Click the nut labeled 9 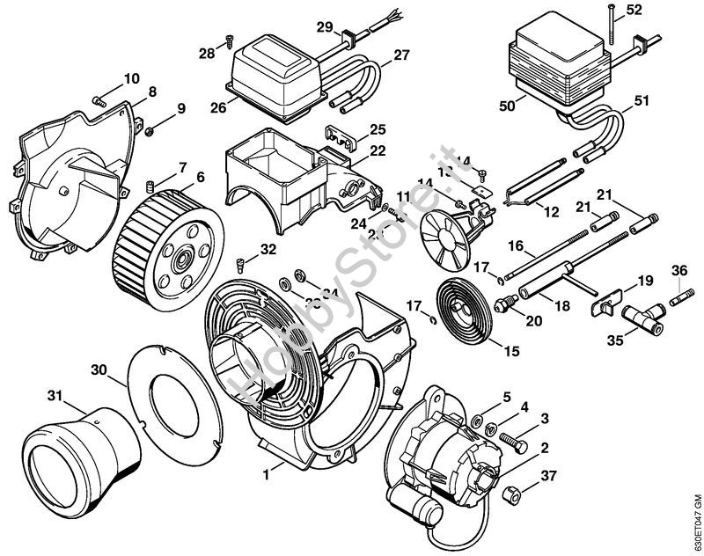(151, 131)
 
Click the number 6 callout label (201, 177)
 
